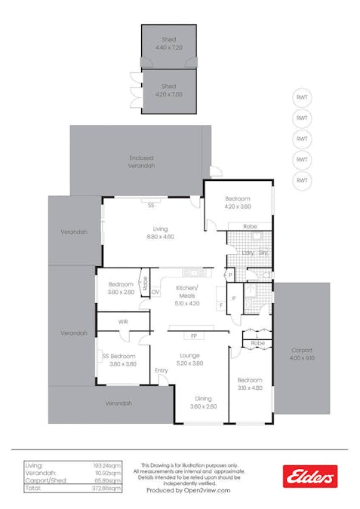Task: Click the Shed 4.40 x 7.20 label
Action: [168, 43]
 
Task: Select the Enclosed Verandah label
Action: [141, 161]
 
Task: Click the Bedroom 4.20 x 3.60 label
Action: [237, 202]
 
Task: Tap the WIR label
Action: [122, 322]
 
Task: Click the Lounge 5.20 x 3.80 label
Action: [189, 360]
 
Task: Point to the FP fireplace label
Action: [194, 335]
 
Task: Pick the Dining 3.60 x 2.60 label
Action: [204, 403]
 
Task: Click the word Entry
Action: [162, 370]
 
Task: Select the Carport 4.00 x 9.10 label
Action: [302, 354]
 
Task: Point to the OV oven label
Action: [155, 292]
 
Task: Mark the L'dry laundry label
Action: [246, 253]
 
